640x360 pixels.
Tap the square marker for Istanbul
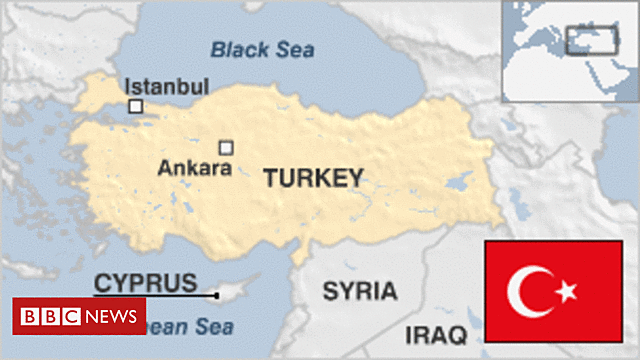pos(135,106)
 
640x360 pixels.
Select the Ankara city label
pos(195,169)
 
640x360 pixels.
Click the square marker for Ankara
pos(226,148)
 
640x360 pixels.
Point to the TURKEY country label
pos(313,178)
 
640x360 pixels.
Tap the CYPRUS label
pos(145,283)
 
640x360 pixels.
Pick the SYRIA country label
pos(360,291)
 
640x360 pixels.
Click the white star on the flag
pos(566,291)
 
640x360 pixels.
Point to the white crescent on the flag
pos(526,291)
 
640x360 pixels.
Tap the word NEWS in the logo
pos(112,317)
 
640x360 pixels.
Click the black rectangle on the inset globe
pos(590,40)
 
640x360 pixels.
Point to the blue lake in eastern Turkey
pos(461,183)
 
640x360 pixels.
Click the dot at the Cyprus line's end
pos(217,295)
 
